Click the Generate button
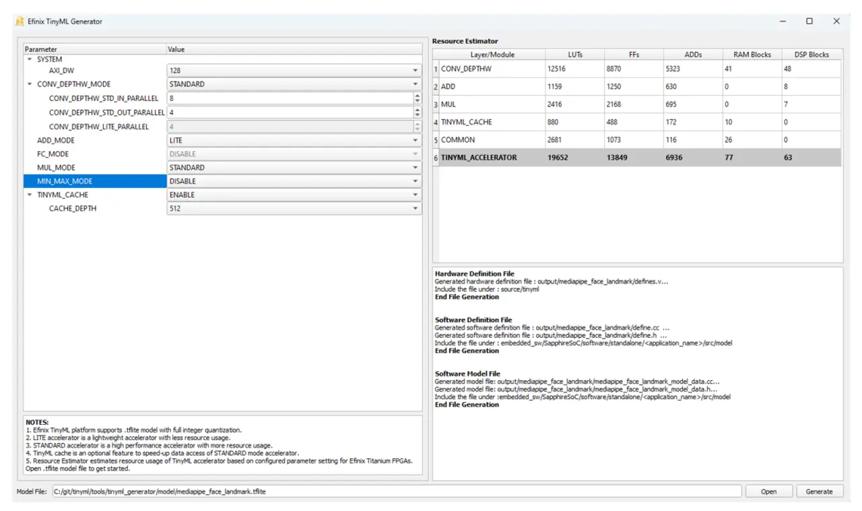[819, 491]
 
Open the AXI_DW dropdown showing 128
[294, 70]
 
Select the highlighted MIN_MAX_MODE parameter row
[94, 181]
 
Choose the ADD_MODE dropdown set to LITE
[294, 140]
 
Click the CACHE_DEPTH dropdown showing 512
[294, 208]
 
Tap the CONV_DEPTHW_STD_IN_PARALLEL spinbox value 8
[290, 98]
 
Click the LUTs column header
[574, 55]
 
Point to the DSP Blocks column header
[810, 55]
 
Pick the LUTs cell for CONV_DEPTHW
[574, 69]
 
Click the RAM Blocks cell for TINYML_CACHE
[752, 122]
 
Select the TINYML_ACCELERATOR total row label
[479, 158]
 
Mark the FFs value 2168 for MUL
[634, 104]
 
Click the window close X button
[836, 22]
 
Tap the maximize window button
[809, 22]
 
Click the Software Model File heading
[467, 373]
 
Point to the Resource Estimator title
[465, 42]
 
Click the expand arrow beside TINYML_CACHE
[30, 195]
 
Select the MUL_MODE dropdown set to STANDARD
[294, 168]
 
